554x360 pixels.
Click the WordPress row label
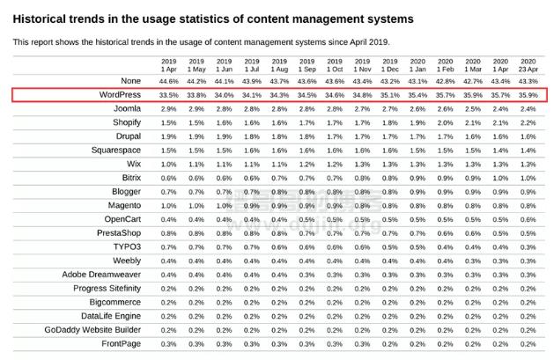(x=121, y=94)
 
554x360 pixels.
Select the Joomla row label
(x=125, y=108)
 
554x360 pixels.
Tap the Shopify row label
(x=127, y=122)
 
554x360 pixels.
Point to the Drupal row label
(x=127, y=136)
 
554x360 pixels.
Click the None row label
(x=131, y=80)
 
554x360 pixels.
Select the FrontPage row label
(x=122, y=343)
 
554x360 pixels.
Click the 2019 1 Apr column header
(x=169, y=63)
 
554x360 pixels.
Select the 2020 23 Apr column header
(x=527, y=63)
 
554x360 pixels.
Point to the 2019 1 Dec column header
(x=389, y=63)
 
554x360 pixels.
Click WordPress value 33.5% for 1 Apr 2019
(x=169, y=94)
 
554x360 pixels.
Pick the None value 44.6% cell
(x=169, y=80)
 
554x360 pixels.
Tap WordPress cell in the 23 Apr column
(x=527, y=94)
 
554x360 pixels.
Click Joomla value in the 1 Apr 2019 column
(x=169, y=108)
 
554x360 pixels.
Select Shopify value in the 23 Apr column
(x=527, y=122)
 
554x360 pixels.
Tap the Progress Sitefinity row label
(x=107, y=288)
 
